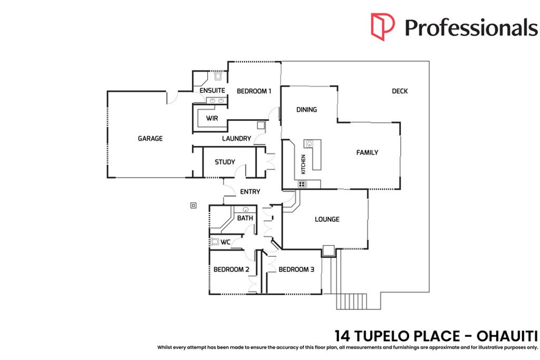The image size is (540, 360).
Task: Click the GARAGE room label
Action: pos(150,138)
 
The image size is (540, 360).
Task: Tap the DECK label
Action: pos(400,91)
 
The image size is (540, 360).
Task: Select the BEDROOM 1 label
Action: pos(254,91)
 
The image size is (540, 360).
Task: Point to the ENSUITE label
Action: pos(212,91)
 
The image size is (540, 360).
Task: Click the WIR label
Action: pos(212,119)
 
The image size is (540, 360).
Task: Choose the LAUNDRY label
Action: pos(236,138)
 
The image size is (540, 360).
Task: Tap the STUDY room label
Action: pos(225,162)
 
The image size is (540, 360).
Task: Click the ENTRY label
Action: pos(250,192)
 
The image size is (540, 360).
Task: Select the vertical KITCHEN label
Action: pos(303,164)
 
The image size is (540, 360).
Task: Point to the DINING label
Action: pos(306,110)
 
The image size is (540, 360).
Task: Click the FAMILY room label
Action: pos(367,152)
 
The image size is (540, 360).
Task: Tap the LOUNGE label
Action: pos(327,219)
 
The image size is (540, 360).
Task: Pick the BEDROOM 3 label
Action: pos(296,269)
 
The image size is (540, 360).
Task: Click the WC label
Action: pos(225,242)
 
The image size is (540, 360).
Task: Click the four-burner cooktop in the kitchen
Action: pos(302,184)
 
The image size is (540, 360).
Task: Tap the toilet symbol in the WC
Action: pos(215,241)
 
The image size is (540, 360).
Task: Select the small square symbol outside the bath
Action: pos(194,206)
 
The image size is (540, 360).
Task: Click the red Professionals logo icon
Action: pos(383,27)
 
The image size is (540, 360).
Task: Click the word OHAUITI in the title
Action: pos(507,336)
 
